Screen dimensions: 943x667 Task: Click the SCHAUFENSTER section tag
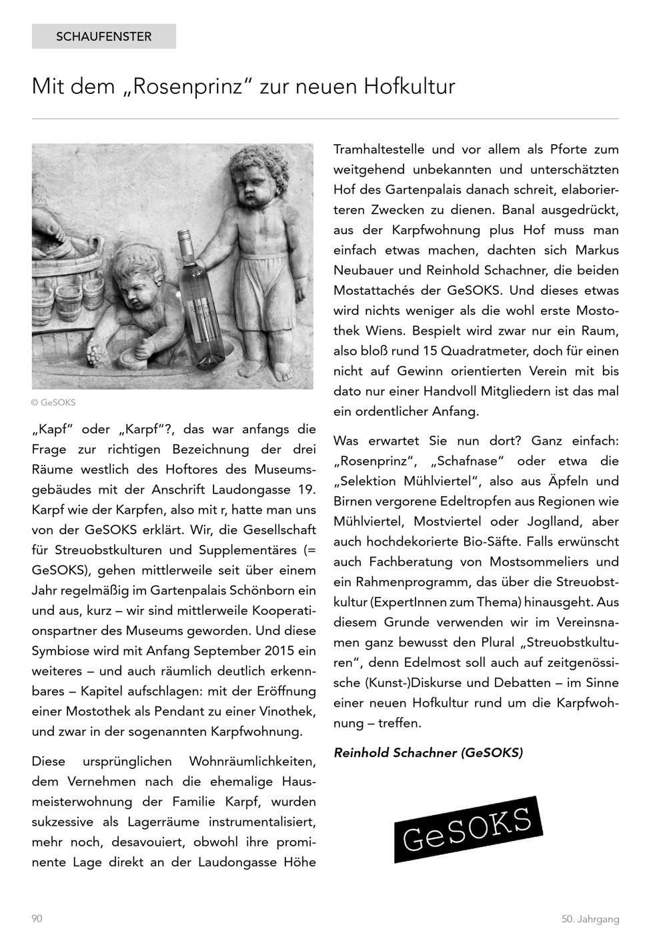coord(103,37)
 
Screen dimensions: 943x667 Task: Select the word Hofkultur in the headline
coord(410,87)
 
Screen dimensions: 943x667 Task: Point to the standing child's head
coord(250,180)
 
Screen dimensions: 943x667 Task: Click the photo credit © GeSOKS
coord(53,403)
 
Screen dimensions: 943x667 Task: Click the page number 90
coord(37,919)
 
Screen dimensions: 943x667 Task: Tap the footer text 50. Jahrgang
coord(590,919)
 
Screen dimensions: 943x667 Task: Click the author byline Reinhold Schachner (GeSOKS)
coord(428,753)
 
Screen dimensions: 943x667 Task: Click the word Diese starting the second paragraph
coord(49,762)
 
